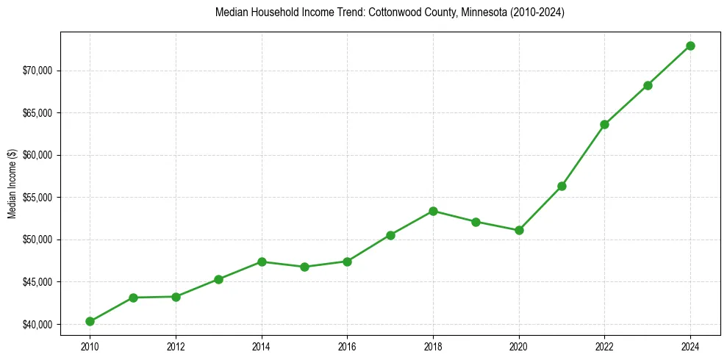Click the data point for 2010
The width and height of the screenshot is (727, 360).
point(90,321)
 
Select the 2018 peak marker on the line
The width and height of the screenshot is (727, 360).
point(433,211)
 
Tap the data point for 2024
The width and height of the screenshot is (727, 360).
point(690,46)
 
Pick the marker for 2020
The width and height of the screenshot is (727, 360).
point(519,230)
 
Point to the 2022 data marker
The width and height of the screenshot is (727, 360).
point(604,124)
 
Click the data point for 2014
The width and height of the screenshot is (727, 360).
point(262,262)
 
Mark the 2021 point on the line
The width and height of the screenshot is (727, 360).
point(562,186)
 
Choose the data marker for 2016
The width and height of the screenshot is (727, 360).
point(347,262)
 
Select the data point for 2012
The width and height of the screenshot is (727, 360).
point(176,297)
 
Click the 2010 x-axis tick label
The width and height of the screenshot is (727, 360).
point(90,345)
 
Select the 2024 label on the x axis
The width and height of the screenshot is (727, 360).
point(690,345)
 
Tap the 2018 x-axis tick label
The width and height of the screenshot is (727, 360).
point(433,345)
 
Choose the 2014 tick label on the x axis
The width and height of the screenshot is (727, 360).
point(262,345)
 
